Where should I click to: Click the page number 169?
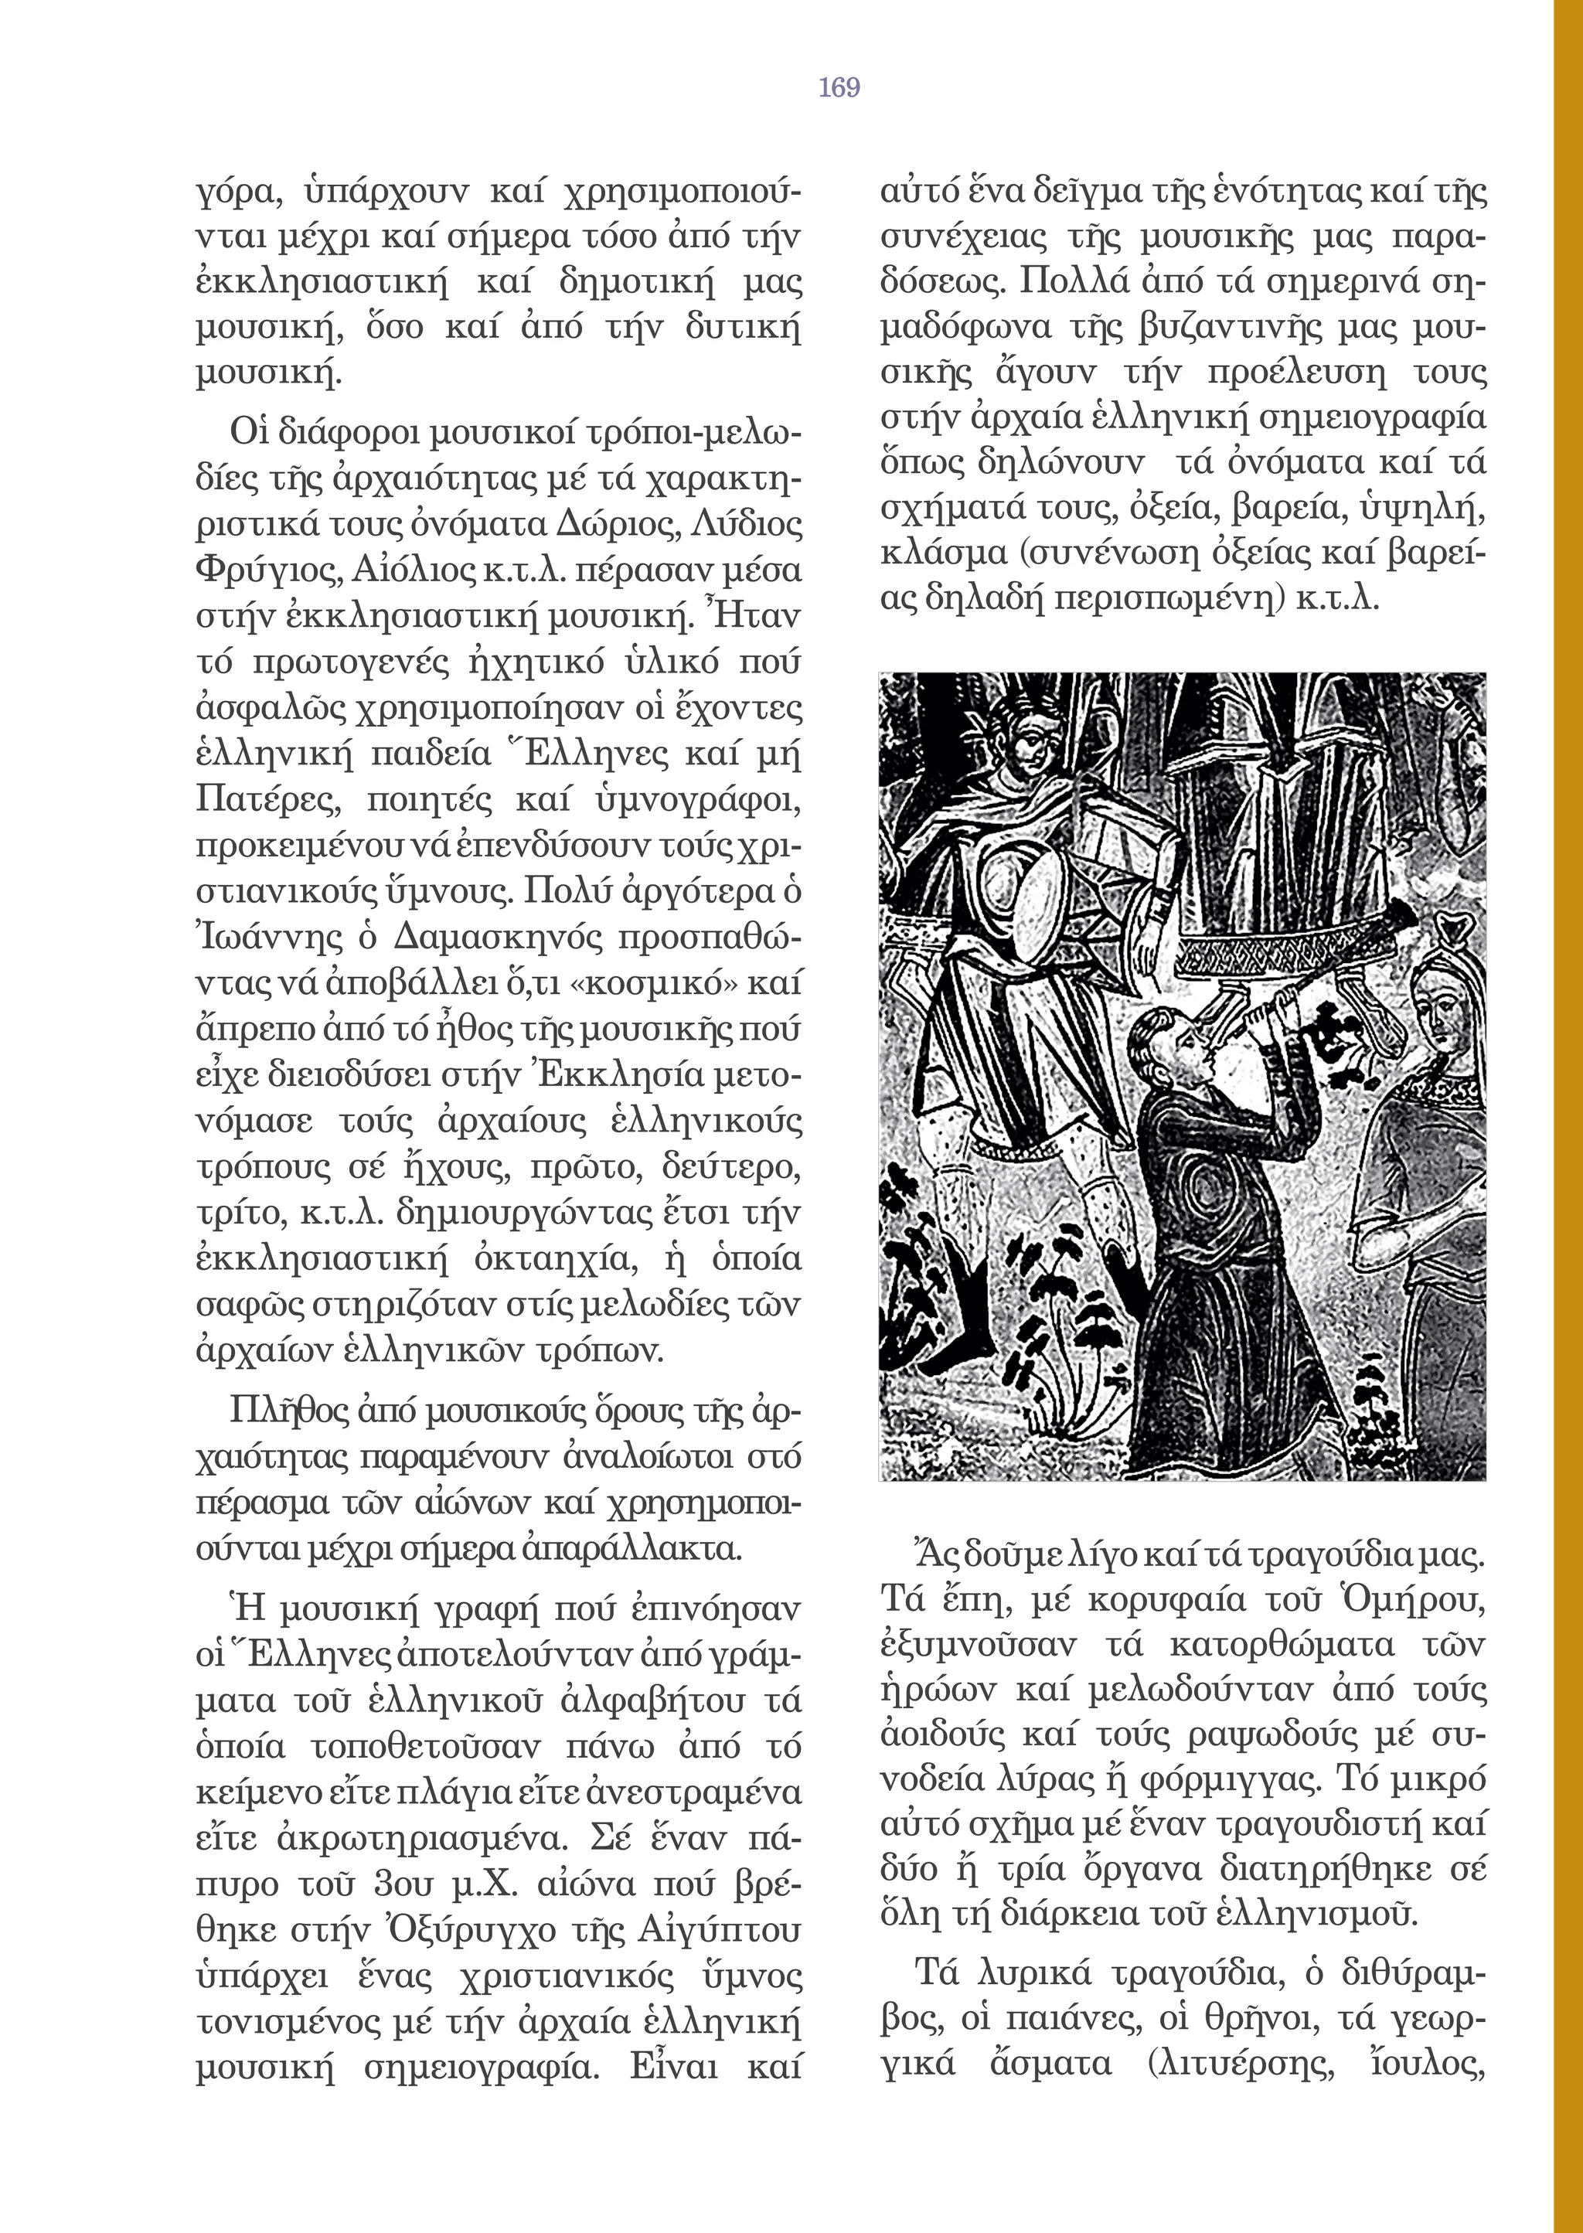[839, 87]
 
